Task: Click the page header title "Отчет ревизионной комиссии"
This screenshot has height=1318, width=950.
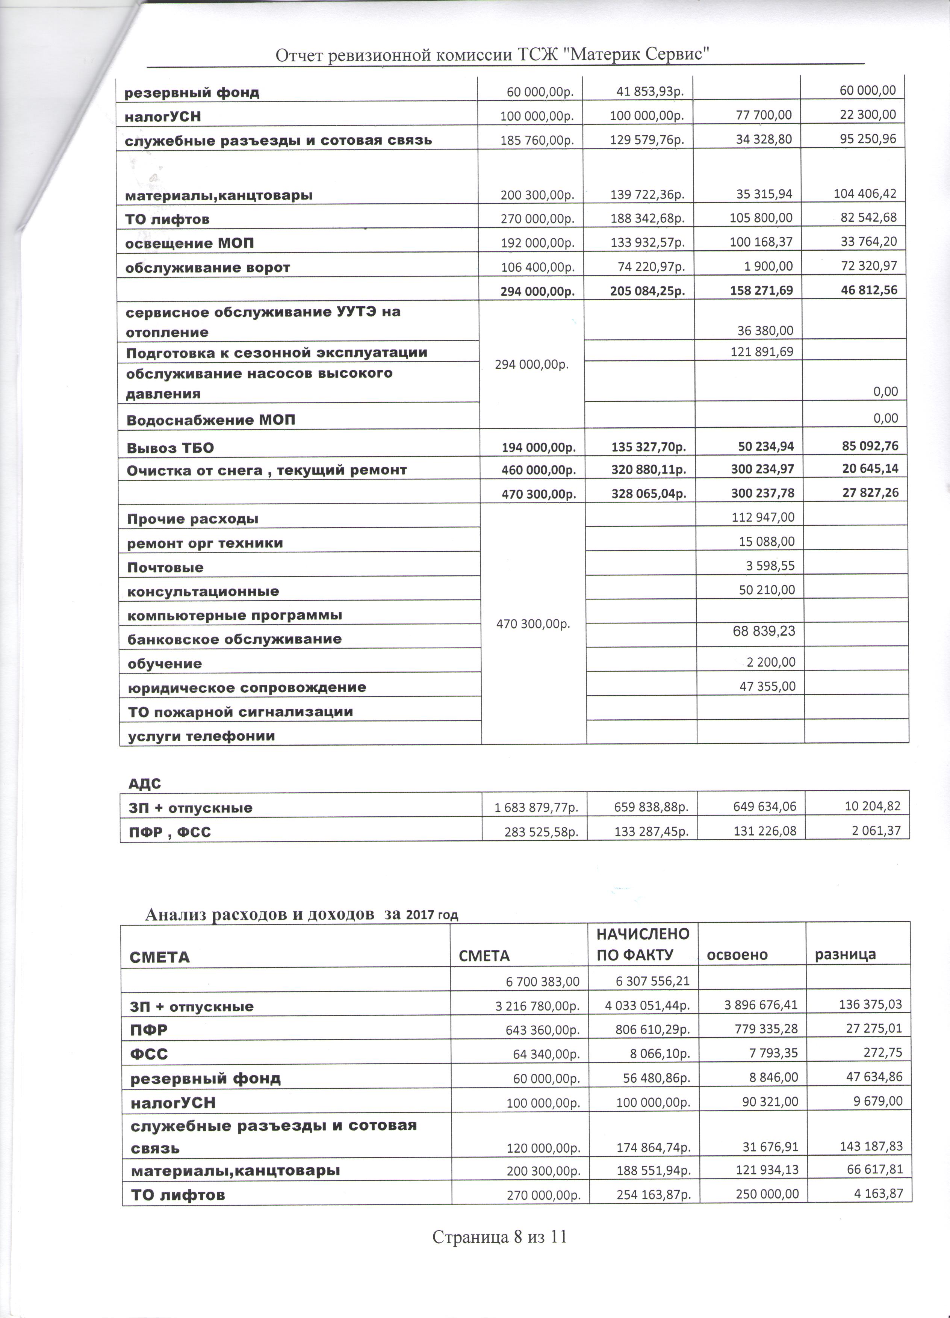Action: coord(494,55)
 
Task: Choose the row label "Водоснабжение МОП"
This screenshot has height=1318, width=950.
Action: coord(210,419)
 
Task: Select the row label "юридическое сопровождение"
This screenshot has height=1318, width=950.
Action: coord(247,687)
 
